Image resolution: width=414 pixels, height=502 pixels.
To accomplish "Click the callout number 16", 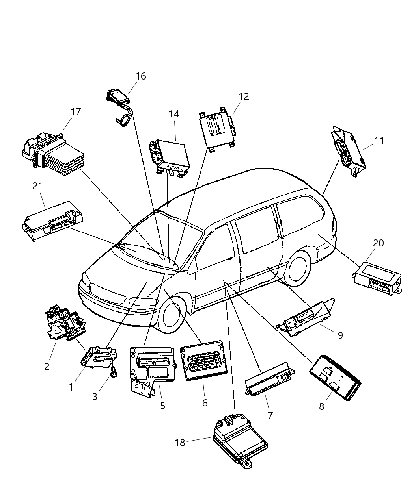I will (x=140, y=76).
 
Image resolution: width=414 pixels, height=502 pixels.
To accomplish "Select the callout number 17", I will (x=75, y=112).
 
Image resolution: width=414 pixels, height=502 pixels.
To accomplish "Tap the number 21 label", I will (x=37, y=186).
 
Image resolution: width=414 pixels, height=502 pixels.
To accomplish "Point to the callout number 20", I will (x=378, y=243).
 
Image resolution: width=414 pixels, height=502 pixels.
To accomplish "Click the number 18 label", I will (x=180, y=442).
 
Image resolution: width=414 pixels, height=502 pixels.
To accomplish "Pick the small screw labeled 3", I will (x=114, y=371).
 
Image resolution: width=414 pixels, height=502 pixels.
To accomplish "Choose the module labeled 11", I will (x=347, y=153).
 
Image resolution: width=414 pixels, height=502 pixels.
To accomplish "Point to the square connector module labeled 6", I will (x=201, y=361).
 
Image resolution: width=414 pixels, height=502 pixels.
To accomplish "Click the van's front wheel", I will (x=172, y=315).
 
